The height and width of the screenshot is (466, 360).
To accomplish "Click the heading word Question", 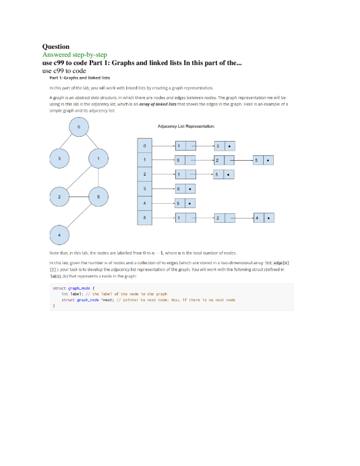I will (56, 47).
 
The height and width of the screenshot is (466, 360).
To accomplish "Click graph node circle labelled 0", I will (78, 126).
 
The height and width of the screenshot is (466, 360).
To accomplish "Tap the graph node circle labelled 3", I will (59, 158).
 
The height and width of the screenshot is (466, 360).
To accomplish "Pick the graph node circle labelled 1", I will (97, 158).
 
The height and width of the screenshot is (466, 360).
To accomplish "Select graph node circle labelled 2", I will (59, 196).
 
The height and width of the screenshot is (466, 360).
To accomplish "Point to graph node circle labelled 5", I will (97, 196).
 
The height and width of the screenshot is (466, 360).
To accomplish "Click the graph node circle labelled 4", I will (59, 235).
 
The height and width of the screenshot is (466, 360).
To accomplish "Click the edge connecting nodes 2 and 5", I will (78, 196).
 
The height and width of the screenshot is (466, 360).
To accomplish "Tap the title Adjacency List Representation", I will (187, 127).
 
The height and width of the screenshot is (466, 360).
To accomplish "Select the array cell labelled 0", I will (145, 145).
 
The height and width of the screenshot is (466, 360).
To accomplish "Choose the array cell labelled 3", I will (145, 189).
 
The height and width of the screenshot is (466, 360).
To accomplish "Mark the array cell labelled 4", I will (145, 203).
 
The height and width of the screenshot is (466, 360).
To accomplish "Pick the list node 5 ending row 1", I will (263, 160).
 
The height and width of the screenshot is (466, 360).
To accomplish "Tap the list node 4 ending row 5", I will (263, 218).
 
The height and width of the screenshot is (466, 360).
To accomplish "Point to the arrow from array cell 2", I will (163, 174).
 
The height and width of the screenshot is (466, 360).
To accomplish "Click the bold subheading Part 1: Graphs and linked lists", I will (80, 78).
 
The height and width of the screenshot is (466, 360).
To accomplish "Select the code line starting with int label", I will (114, 294).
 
